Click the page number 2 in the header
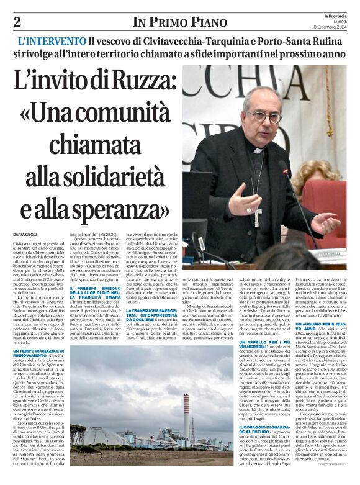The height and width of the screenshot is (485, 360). [17, 22]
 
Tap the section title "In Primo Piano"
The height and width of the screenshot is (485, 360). [179, 22]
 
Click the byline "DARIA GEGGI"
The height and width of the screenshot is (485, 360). [26, 234]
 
